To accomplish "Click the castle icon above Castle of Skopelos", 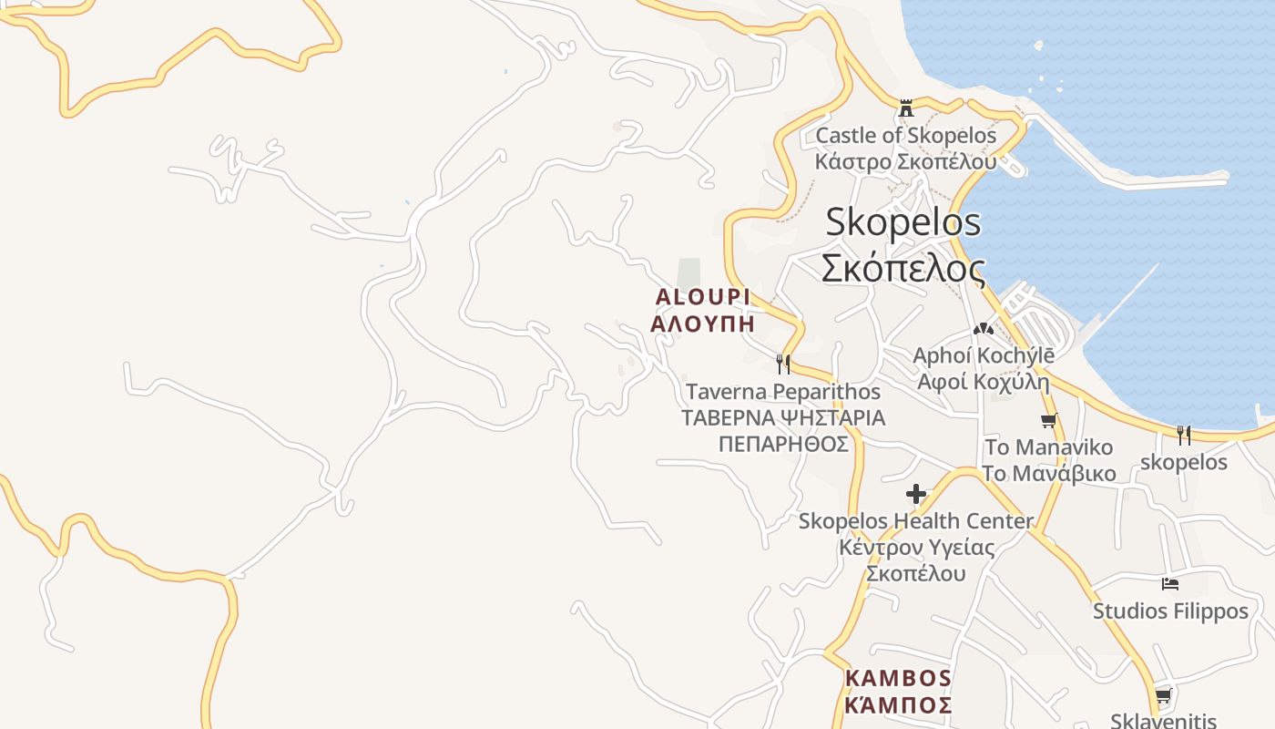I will coord(905,108).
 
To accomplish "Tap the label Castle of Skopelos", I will coord(905,136).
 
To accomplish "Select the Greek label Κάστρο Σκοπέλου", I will coord(905,161).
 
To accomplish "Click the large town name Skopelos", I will coord(903,222).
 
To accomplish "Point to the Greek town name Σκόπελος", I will coord(903,269).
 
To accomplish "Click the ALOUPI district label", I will coord(702,297).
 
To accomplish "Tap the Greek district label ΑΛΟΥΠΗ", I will coord(702,323).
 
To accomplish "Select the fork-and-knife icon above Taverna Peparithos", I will coord(782,364).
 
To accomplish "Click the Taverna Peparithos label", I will coord(782,392).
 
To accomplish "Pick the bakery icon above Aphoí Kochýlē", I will coord(983,329).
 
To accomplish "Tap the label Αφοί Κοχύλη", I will coord(983,382).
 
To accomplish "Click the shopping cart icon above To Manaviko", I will coord(1048,421).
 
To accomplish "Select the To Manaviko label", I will coord(1048,447).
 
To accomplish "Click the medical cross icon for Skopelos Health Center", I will coord(916,495).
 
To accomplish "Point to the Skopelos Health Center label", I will coord(916,521).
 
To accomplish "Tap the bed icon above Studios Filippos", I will coord(1170,584).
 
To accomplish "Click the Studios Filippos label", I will coord(1170,611).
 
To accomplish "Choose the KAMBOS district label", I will coord(898,679).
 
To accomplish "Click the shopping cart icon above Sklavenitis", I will coord(1163,697).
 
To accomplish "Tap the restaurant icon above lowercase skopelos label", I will coord(1183,436).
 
